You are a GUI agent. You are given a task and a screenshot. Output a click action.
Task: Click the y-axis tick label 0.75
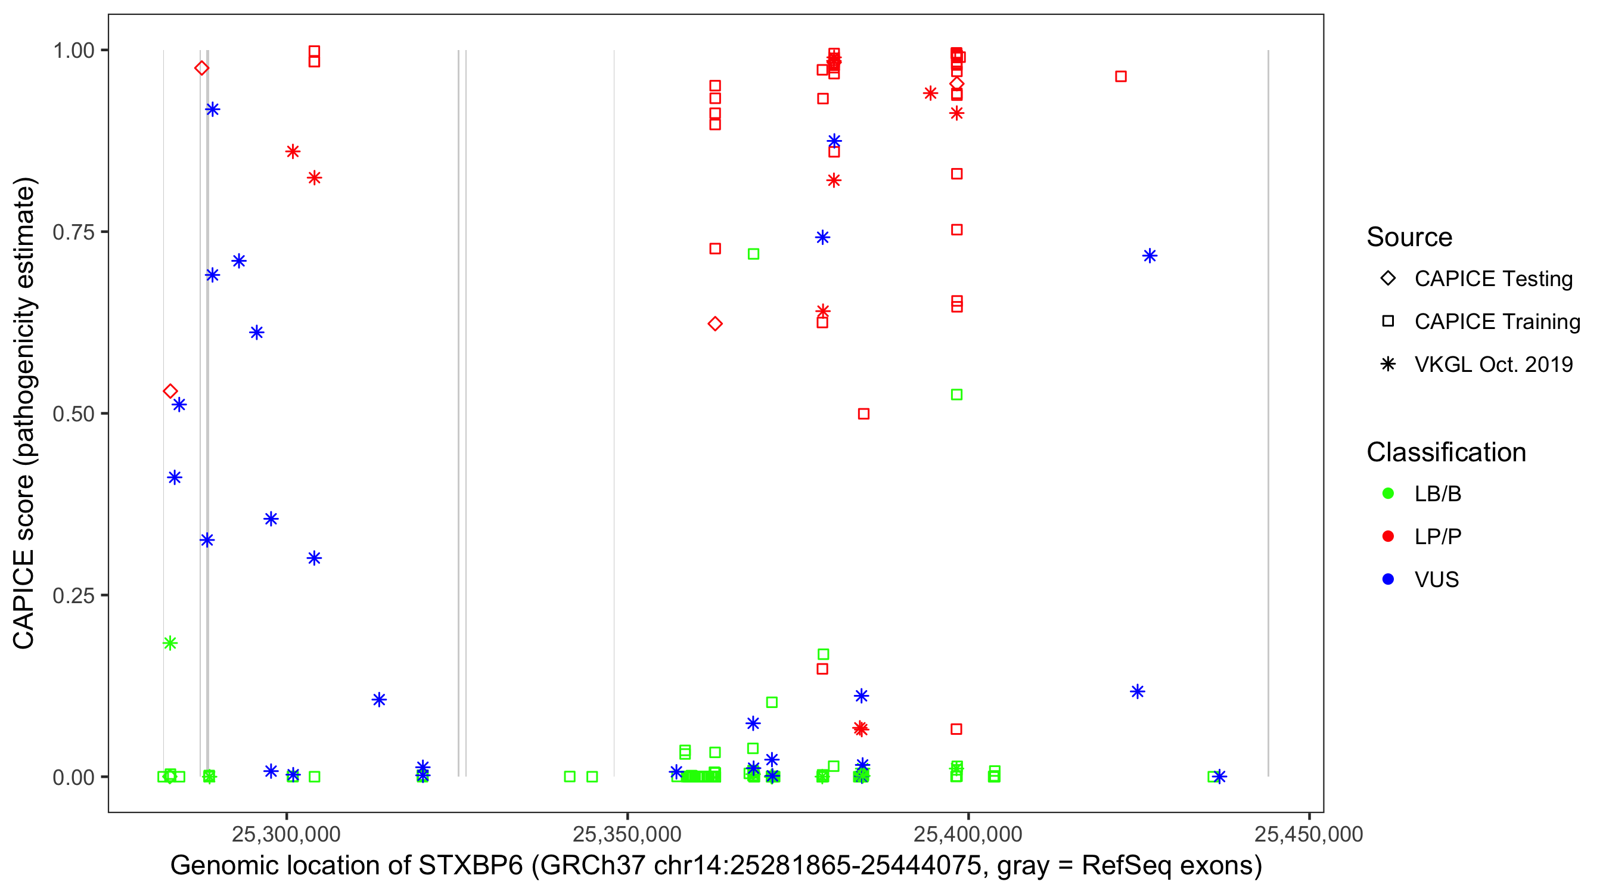73,232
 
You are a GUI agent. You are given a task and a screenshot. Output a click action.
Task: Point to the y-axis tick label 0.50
73,414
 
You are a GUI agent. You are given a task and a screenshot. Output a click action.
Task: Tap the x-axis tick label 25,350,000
626,834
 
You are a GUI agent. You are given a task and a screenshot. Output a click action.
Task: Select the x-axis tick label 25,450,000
1308,834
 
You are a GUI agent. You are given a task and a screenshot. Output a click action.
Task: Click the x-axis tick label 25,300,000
286,834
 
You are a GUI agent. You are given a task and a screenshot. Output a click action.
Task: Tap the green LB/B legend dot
1388,493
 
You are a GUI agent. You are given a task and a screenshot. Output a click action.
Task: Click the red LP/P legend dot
1388,536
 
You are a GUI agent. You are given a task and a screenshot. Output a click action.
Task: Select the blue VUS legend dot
1388,579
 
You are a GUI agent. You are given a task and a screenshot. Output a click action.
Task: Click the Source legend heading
1409,237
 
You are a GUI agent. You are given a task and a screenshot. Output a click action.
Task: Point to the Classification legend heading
1445,452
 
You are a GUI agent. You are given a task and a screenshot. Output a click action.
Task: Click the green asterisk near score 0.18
170,643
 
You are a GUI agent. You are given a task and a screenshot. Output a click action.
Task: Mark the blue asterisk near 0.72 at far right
1150,256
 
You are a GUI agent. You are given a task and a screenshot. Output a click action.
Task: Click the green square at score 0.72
753,254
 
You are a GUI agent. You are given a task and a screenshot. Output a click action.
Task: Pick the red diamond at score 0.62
715,324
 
